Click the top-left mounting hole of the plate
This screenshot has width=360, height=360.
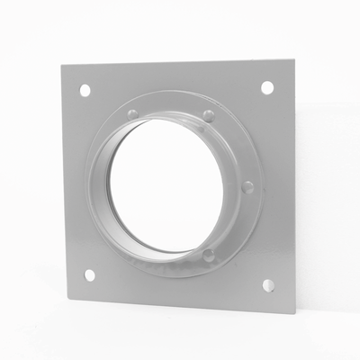coord(85,91)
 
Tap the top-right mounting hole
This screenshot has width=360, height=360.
coord(267,86)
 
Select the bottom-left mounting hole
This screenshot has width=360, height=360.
coord(88,275)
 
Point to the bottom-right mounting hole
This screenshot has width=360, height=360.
coord(267,285)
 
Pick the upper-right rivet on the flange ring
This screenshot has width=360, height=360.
coord(208,114)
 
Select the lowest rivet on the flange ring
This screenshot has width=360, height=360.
coord(209,256)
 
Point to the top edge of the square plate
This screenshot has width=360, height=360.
coord(180,60)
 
